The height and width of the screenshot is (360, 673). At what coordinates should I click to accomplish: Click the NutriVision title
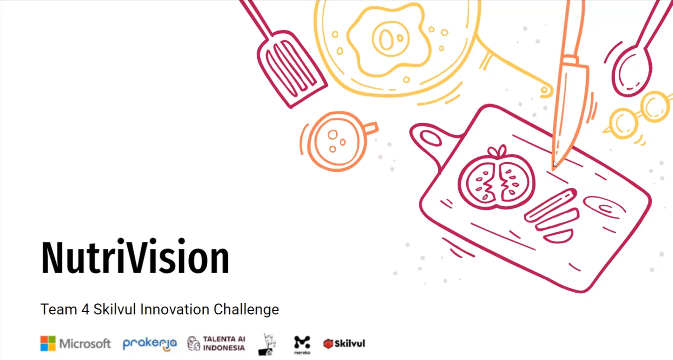tap(135, 257)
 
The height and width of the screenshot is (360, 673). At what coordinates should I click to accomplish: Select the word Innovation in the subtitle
tap(174, 309)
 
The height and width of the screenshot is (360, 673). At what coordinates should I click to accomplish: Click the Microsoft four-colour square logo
tap(48, 344)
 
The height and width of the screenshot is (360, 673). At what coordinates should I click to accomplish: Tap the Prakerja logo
tap(150, 344)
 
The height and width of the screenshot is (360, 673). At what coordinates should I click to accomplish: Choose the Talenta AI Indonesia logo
tap(216, 344)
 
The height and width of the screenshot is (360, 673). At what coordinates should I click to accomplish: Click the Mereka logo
tap(302, 345)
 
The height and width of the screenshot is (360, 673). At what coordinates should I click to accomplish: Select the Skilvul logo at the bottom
tap(344, 344)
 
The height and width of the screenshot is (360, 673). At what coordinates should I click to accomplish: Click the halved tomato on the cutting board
tap(497, 179)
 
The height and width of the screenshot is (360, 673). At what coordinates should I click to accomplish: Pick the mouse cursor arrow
tap(555, 164)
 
